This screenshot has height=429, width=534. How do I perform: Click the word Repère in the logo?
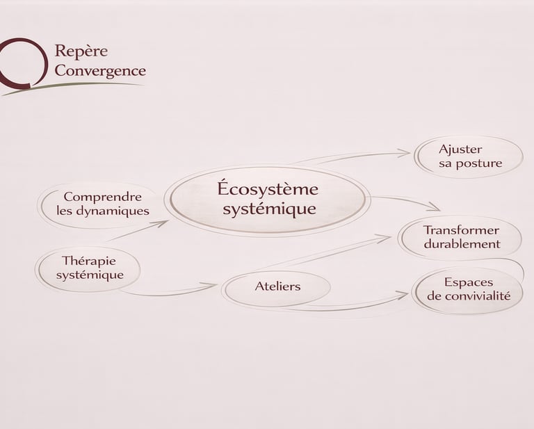[81, 51]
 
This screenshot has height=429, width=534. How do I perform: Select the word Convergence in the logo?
[100, 71]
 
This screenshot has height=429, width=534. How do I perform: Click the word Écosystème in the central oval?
[268, 188]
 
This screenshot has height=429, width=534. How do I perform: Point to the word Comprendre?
[102, 197]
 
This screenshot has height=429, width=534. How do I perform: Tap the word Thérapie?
[89, 261]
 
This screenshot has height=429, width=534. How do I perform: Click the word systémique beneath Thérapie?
[90, 275]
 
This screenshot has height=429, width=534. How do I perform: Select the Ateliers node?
[277, 286]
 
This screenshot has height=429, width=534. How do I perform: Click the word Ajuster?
[460, 149]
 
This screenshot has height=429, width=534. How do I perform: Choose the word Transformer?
[461, 230]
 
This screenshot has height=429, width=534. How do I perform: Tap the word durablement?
[462, 244]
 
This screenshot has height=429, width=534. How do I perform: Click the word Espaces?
[469, 282]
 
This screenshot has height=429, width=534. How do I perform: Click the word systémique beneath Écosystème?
[269, 209]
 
